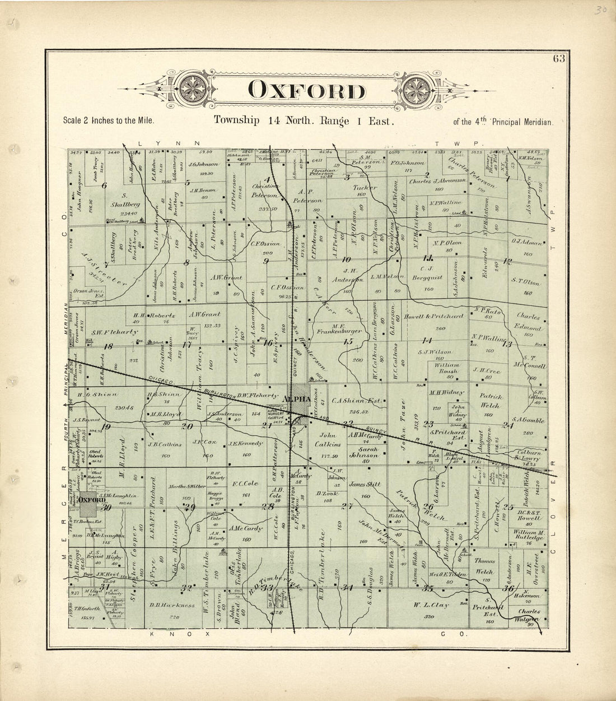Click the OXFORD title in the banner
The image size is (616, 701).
coord(305,91)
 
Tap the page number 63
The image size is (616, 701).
coord(559,61)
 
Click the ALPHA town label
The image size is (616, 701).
coord(297,398)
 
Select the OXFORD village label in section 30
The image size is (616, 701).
coord(92,499)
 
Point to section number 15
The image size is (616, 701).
coord(349,341)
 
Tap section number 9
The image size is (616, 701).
coord(267,261)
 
